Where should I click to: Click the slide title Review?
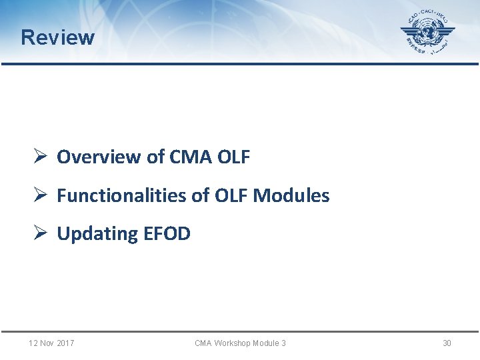coord(57,37)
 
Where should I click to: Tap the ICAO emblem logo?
coord(427,34)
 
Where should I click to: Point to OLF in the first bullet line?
coord(233,157)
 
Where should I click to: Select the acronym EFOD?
coord(167,234)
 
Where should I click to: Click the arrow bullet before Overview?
coord(39,157)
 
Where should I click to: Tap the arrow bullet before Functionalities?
coord(39,196)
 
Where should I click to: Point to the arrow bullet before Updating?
coord(39,234)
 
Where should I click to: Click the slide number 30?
coord(447,343)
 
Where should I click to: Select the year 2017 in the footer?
coord(65,343)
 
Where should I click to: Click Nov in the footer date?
coord(47,343)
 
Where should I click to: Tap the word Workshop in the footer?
coord(233,343)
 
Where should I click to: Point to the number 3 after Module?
coord(283,343)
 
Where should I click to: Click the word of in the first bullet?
coord(155,157)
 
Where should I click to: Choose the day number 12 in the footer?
coord(33,343)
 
